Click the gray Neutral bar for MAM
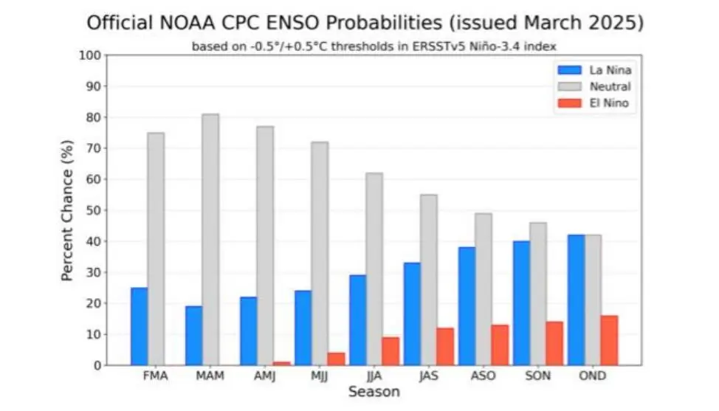coord(210,240)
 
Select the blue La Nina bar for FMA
coord(139,326)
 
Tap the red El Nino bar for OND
coord(609,340)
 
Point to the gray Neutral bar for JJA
coord(374,269)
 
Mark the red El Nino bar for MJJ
coord(336,359)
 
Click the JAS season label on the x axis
coord(430,376)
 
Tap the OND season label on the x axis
coord(593,376)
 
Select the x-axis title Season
coord(374,392)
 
